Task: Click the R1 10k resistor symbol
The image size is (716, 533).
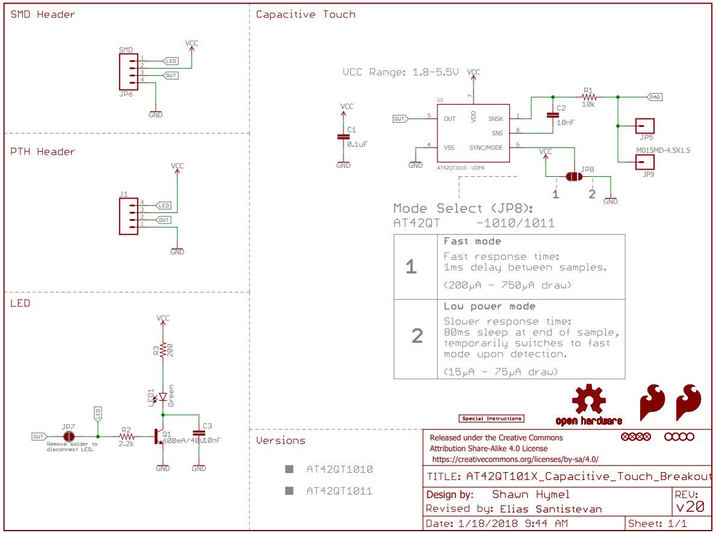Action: tap(588, 96)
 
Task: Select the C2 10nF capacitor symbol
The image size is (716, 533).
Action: tap(552, 115)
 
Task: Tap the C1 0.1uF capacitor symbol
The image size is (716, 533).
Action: tap(343, 137)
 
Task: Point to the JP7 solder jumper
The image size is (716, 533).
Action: tap(69, 436)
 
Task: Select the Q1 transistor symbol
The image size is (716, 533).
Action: tap(158, 436)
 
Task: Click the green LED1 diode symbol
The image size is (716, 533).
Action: tap(162, 397)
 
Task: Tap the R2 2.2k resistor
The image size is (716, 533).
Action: tap(126, 436)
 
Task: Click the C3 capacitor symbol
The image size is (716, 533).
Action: tap(199, 433)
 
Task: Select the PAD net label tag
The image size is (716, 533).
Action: tap(655, 96)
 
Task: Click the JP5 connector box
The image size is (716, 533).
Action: tap(644, 126)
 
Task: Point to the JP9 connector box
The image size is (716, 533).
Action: tap(644, 162)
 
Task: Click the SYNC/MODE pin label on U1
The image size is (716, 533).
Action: tap(486, 147)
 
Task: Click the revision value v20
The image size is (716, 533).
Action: tap(690, 507)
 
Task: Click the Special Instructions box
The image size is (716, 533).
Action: tap(492, 418)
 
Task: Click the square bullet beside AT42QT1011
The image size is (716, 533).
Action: tap(289, 491)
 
